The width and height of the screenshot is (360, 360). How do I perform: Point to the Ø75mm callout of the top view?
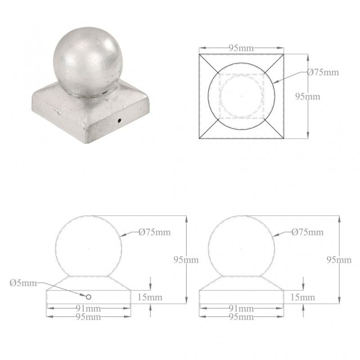tap(323, 72)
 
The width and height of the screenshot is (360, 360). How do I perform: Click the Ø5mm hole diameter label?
tap(22, 283)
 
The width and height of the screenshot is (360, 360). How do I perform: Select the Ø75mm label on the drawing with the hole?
tap(155, 232)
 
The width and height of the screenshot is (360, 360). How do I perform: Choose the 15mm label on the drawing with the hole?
tap(150, 297)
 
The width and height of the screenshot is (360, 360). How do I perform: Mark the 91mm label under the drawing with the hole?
tap(89, 309)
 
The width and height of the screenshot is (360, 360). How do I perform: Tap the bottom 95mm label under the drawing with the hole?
tap(89, 317)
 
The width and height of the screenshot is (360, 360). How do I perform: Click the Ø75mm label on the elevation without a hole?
tap(307, 232)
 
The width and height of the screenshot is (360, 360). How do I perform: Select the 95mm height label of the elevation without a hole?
tap(339, 260)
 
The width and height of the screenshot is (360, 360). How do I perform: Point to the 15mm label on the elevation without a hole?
tap(303, 297)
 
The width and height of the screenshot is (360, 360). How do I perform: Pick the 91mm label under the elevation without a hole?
tap(242, 309)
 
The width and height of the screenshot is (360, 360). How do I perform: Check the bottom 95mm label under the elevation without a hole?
tap(242, 317)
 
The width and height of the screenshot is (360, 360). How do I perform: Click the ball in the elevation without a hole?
tap(242, 247)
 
